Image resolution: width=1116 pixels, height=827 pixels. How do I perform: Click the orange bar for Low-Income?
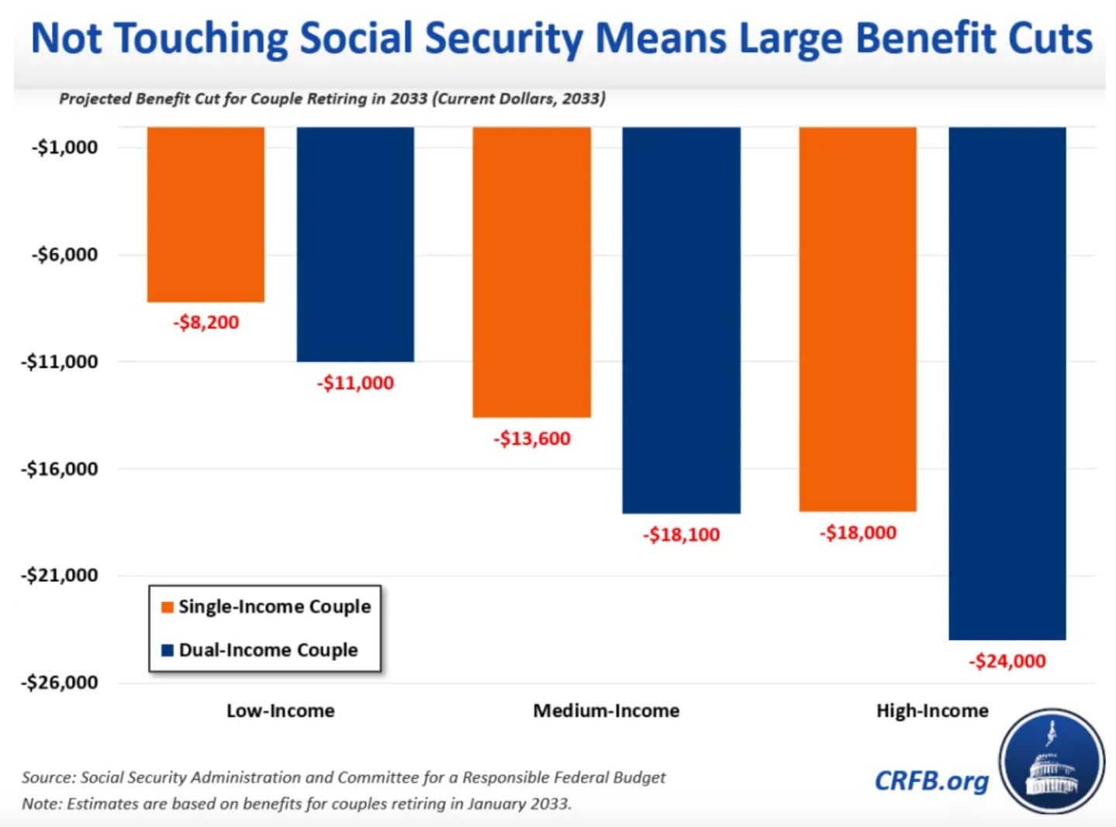(x=206, y=214)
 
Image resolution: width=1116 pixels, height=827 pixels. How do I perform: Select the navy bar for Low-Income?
(x=355, y=244)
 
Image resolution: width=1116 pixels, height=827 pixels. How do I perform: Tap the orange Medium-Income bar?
(x=531, y=272)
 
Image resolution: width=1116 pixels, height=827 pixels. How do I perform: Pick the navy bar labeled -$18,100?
(x=681, y=320)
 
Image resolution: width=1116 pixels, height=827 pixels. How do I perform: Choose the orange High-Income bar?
(x=858, y=319)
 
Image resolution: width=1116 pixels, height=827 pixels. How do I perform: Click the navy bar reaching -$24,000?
(x=1007, y=383)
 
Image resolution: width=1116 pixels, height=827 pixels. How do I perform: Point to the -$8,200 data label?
(x=206, y=323)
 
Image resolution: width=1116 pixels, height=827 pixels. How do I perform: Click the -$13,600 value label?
(x=532, y=439)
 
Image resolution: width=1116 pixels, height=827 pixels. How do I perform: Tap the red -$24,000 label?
(x=1007, y=662)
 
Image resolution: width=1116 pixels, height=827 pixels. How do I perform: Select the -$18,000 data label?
(x=858, y=533)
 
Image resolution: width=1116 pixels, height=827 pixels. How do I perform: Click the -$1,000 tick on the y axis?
(x=64, y=147)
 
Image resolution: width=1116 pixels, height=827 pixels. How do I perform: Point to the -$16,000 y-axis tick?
(x=60, y=469)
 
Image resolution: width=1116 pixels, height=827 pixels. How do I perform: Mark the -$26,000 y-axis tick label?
(x=60, y=683)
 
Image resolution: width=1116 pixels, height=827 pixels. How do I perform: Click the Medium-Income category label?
(x=606, y=711)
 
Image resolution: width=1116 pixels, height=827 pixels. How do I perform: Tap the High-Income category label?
(x=932, y=711)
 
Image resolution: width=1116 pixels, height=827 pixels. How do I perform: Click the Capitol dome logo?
(x=1052, y=761)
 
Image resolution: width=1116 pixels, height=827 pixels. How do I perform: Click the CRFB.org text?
(x=931, y=780)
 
